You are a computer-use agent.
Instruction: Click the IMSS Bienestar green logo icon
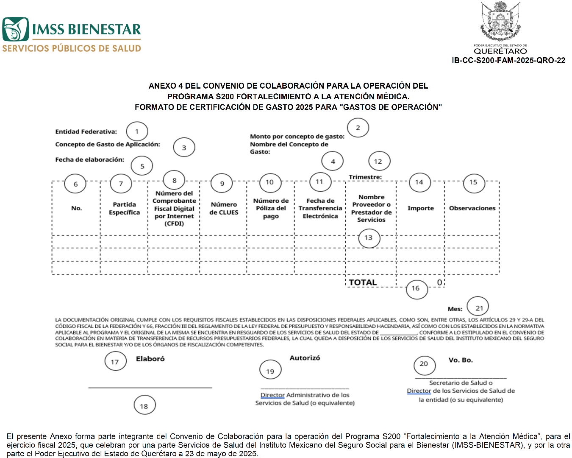coord(16,29)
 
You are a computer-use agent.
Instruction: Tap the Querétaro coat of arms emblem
coord(500,21)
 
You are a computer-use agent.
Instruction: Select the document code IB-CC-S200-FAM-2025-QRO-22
coord(508,60)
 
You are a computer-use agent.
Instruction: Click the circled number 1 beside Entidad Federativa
coord(137,131)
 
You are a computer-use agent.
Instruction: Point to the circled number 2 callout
coord(358,128)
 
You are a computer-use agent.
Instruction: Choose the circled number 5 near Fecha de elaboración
coord(142,166)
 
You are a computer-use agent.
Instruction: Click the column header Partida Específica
coord(124,208)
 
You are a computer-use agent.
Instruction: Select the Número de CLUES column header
coord(224,208)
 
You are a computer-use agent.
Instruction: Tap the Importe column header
coord(420,208)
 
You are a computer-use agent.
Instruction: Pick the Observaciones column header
coord(472,208)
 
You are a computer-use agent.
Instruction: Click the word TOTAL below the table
coord(363,282)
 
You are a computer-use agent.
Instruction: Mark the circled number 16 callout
coord(416,288)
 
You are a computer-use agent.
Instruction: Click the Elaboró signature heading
coord(150,359)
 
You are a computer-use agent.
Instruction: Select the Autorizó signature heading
coord(305,358)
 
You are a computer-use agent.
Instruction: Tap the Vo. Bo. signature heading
coord(461,360)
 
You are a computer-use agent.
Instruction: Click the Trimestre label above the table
coord(365,177)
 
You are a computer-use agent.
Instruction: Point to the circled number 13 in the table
coord(369,238)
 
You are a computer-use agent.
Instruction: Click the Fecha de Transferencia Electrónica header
coord(320,208)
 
